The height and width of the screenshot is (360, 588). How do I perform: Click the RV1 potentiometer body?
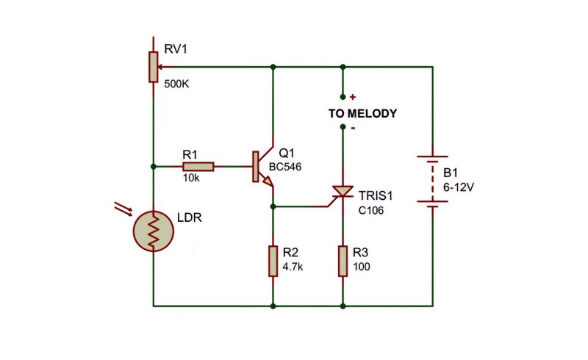tap(153, 67)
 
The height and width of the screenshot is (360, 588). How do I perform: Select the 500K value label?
tap(176, 84)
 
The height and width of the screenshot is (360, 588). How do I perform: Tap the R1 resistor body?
tap(198, 167)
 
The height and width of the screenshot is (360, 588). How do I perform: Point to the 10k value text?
tap(191, 178)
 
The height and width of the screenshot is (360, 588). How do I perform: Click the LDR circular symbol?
tap(154, 231)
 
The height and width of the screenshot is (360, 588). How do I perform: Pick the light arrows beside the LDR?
tap(123, 209)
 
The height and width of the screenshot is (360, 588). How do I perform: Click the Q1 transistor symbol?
tap(263, 167)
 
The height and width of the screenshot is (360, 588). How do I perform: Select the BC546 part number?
tap(285, 167)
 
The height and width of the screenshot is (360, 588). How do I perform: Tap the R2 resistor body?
tap(273, 262)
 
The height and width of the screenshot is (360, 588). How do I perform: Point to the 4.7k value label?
tap(293, 267)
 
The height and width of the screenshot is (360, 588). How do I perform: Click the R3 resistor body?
tap(343, 262)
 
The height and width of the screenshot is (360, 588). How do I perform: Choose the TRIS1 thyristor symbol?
tap(340, 194)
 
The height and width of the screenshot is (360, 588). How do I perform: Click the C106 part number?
tap(371, 211)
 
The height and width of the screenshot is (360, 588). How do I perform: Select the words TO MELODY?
tap(362, 113)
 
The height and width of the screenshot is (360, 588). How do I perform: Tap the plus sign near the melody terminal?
tap(353, 97)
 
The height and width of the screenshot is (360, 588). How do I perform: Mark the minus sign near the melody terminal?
tap(353, 129)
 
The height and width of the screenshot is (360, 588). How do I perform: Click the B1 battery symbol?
tap(433, 179)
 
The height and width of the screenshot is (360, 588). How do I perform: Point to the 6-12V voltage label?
tap(459, 187)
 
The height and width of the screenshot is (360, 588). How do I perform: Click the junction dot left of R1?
tap(154, 167)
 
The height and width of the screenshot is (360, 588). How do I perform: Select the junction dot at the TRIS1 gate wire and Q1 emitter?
tap(273, 206)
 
